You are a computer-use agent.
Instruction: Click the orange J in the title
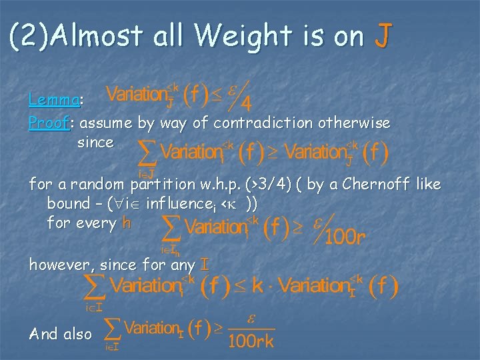pos(381,36)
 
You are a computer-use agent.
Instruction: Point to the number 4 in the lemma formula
pos(246,105)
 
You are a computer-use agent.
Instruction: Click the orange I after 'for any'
pos(205,265)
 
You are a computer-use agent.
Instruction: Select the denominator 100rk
pos(251,342)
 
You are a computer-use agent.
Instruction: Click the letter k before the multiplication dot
pos(257,286)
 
